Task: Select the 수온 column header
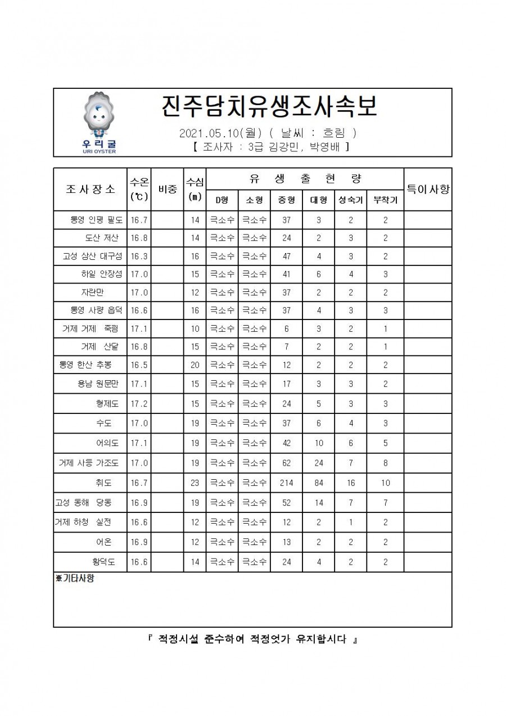coord(139,189)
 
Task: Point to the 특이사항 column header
coord(428,189)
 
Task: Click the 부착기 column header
coord(385,200)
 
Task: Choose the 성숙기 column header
coord(350,200)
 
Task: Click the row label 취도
coord(104,483)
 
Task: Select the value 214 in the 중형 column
coord(287,483)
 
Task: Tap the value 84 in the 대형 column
coord(318,483)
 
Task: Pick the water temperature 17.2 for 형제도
coord(139,404)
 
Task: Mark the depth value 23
coord(195,483)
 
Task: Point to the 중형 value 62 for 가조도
coord(287,463)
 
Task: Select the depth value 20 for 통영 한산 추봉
coord(195,365)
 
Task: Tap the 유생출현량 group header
coord(305,179)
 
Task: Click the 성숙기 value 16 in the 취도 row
coord(350,483)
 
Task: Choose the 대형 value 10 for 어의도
coord(318,443)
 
